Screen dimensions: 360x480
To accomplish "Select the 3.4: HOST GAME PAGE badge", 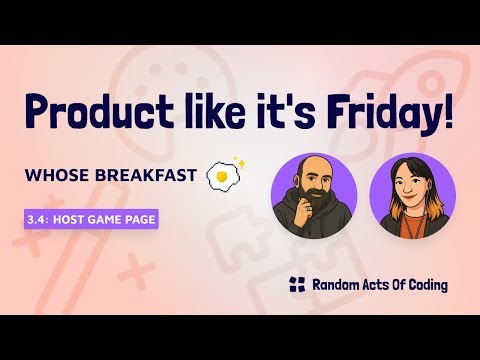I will point(90,220).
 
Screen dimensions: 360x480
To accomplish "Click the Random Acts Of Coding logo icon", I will point(295,285).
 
